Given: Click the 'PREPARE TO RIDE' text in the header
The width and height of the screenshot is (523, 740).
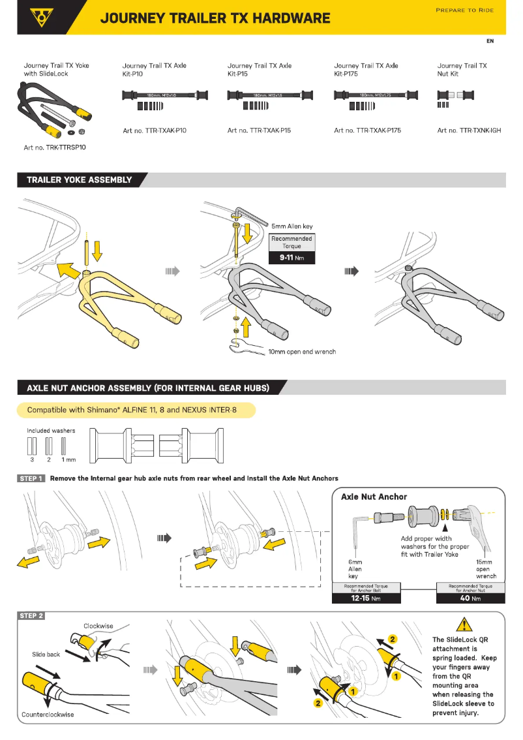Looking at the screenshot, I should pos(464,10).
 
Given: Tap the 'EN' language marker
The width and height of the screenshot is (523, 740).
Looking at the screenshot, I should pos(490,41).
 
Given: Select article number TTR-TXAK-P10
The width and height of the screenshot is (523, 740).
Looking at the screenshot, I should pos(155,131).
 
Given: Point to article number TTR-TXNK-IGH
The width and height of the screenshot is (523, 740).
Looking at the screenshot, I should pos(469,131).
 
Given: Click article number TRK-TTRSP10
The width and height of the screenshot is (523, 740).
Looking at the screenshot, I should pos(55,147).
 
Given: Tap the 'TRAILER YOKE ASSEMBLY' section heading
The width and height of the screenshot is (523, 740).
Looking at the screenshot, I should pos(79,180).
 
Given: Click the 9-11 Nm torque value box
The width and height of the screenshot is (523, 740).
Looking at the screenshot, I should pos(291,258).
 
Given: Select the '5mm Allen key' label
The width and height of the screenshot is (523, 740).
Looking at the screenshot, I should pos(291,226).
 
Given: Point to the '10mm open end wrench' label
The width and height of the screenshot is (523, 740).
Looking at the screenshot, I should pos(302,352).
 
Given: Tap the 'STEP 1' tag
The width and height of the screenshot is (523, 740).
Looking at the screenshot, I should pos(31,478).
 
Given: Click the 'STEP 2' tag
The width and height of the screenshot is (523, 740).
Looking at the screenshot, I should pos(31,615).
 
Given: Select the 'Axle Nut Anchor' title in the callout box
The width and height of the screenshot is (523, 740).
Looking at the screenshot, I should pos(374,497).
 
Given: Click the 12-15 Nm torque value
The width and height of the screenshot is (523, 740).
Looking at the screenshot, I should pos(366,598).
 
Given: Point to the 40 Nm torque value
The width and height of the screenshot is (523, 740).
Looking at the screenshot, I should pos(470,598).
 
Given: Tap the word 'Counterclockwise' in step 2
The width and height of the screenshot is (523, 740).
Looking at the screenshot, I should pos(48,715).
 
